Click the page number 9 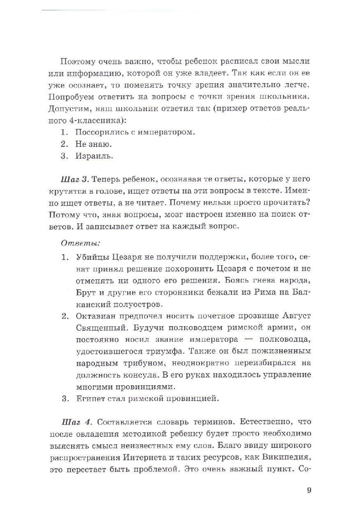click(x=309, y=490)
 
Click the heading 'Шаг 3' click(x=74, y=179)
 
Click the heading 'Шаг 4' click(x=76, y=422)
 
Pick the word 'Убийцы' click(x=92, y=257)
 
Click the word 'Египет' click(x=89, y=399)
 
